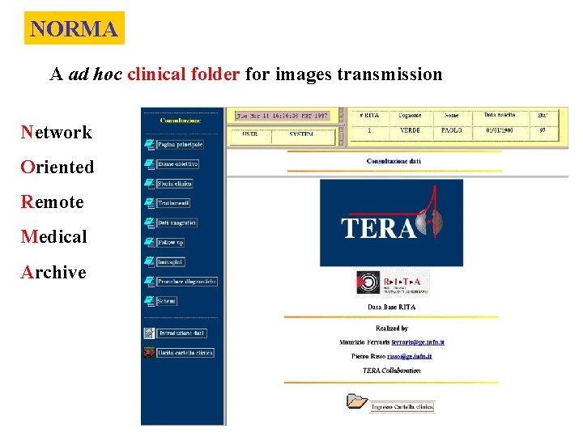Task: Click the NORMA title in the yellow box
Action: point(74,29)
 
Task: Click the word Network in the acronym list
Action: point(57,132)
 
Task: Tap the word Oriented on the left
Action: point(57,167)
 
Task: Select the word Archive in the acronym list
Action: point(53,272)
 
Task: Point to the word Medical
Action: point(54,237)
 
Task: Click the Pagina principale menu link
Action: point(180,144)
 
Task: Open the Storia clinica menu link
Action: point(175,184)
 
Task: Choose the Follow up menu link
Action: point(171,242)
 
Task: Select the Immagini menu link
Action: point(171,262)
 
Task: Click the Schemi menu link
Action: point(167,301)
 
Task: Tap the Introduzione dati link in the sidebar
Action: point(181,333)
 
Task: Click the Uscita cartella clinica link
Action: point(185,353)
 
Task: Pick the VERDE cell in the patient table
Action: point(411,130)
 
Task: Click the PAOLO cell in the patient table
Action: point(451,130)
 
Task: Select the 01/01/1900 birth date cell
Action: point(500,130)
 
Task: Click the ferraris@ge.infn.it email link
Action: point(419,342)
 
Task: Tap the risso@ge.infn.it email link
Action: point(409,356)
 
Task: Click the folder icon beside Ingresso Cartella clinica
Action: point(355,401)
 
